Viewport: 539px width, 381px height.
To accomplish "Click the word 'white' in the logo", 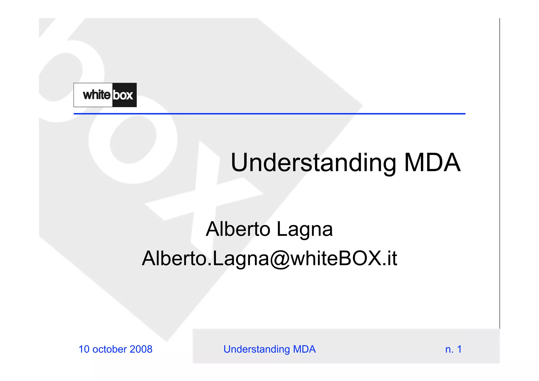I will (97, 95).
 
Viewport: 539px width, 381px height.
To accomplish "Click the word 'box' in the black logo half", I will (123, 95).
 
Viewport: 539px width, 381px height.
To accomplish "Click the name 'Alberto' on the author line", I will (238, 229).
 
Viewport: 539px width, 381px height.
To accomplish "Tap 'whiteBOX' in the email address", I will (336, 258).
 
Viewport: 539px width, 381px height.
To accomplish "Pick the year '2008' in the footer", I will (141, 349).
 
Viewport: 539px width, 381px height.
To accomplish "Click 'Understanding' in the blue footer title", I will (257, 349).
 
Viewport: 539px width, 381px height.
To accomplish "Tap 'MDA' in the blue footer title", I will (304, 349).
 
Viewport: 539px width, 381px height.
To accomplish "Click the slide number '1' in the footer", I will (459, 349).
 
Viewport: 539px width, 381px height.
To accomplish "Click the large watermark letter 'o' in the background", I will (133, 139).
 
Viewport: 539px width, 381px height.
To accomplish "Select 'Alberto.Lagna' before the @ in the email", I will (206, 258).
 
